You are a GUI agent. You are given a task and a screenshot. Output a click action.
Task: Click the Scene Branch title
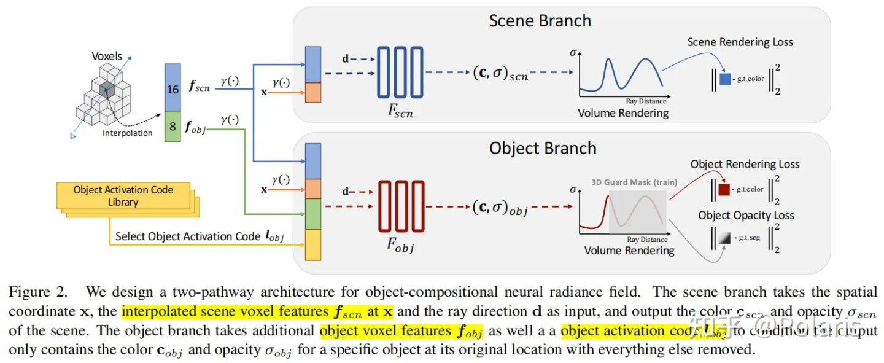point(540,20)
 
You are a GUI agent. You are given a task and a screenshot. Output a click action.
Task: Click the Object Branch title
point(543,148)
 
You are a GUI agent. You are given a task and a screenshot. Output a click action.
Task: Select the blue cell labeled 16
point(173,89)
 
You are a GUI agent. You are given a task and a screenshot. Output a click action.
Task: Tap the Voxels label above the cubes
point(107,56)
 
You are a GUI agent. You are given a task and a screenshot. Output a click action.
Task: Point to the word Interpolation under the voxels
point(128,133)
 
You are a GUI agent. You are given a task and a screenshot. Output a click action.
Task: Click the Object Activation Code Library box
point(123,195)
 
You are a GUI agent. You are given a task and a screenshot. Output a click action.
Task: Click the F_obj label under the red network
point(400,247)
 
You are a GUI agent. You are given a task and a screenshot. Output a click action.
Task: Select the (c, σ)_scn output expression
point(500,74)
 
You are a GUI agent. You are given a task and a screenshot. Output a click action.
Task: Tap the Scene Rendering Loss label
point(740,42)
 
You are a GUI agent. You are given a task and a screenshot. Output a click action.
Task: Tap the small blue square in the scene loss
point(725,79)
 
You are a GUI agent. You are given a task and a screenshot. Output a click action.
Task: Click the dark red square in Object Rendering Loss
point(724,190)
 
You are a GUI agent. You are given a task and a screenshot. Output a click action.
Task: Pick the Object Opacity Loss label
point(746,216)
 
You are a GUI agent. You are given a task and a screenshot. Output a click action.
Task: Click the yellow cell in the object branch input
point(313,244)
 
